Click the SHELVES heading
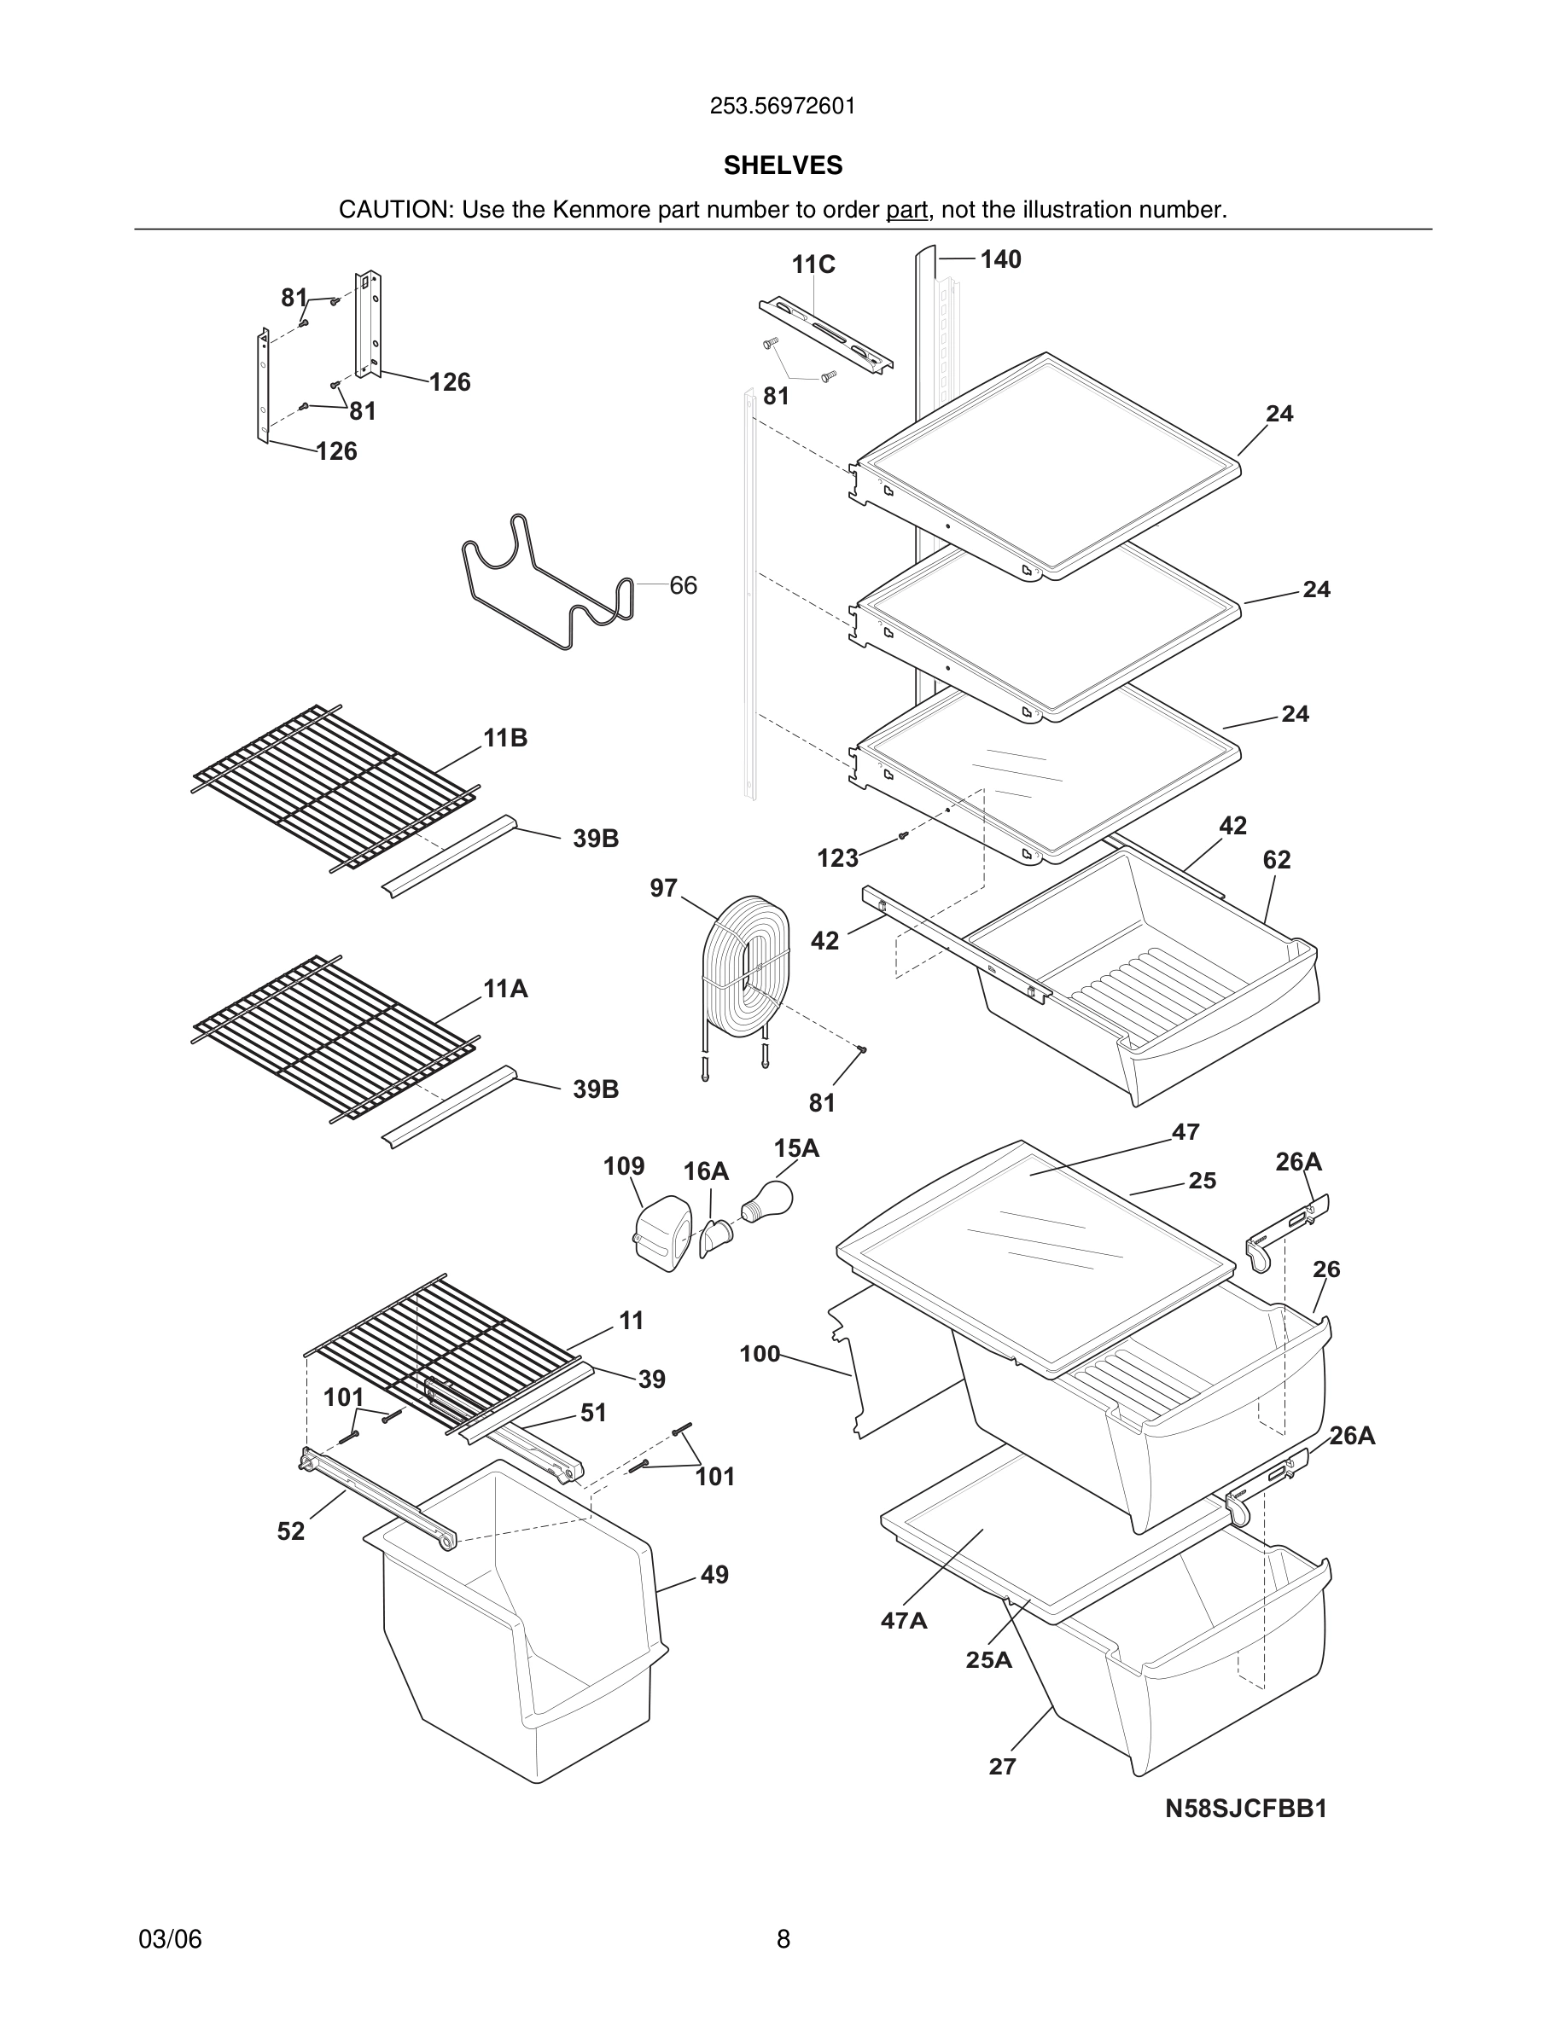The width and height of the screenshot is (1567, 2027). tap(783, 166)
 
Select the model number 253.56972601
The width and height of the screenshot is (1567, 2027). tap(783, 107)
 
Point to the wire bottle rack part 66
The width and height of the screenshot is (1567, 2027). tap(548, 584)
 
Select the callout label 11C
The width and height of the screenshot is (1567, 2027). tap(813, 265)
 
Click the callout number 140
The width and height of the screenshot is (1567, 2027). tap(1001, 260)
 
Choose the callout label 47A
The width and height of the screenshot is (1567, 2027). tap(903, 1620)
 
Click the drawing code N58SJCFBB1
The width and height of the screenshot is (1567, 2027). tap(1246, 1809)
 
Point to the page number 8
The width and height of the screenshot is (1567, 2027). tap(783, 1939)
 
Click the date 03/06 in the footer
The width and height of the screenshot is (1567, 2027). tap(170, 1939)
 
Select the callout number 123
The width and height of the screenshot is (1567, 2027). tap(837, 858)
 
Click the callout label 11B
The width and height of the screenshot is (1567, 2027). tap(505, 738)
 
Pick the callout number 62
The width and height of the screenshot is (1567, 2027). tap(1277, 859)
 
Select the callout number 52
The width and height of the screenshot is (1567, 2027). tap(290, 1531)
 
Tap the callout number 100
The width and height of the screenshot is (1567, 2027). tap(760, 1354)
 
